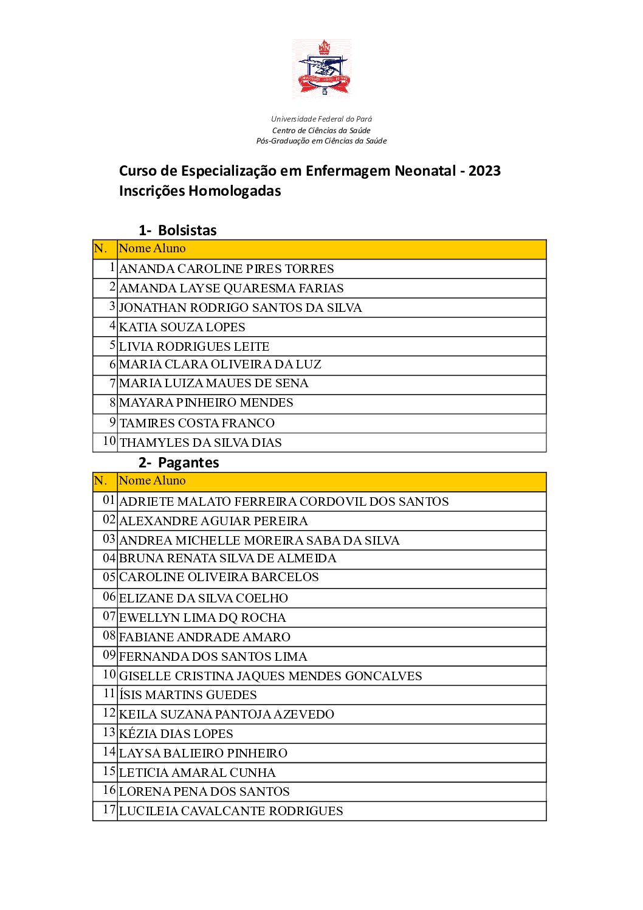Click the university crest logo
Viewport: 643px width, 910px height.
click(x=321, y=67)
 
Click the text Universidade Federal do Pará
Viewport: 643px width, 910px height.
click(x=321, y=119)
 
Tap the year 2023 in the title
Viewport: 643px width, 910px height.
click(x=484, y=171)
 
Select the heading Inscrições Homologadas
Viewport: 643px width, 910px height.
click(x=200, y=191)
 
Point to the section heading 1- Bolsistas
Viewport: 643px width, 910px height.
click(x=177, y=230)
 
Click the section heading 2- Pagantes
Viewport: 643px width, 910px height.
click(x=179, y=463)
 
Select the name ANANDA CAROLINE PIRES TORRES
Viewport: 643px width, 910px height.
click(x=227, y=269)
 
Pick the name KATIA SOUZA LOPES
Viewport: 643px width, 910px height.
click(x=182, y=327)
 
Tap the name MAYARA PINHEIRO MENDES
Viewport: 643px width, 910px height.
click(x=206, y=402)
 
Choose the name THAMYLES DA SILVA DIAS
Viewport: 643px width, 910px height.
click(x=201, y=443)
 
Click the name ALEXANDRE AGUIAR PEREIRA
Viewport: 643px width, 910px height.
click(x=213, y=521)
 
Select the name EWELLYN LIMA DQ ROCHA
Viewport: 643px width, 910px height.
click(x=202, y=618)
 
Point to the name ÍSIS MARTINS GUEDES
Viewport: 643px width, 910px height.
click(x=188, y=695)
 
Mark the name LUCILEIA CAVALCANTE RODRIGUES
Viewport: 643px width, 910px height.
click(x=231, y=811)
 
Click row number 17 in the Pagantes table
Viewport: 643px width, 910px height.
click(x=109, y=810)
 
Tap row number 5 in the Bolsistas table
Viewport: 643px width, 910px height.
click(x=112, y=345)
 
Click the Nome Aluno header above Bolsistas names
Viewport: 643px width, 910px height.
click(x=153, y=249)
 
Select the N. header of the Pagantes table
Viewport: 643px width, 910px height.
click(x=101, y=481)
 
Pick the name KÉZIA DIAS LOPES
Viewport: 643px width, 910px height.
click(x=176, y=734)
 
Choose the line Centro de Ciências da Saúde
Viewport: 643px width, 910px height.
click(x=321, y=131)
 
